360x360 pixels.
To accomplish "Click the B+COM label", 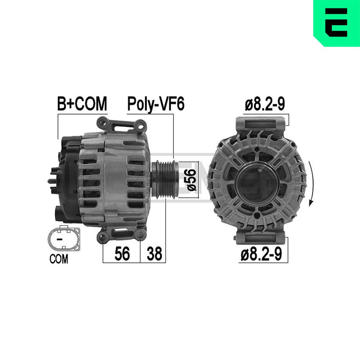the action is click(82, 104).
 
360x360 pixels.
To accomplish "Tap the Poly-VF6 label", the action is click(156, 104).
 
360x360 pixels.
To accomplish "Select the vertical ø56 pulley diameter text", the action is click(192, 180).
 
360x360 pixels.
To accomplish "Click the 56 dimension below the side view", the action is click(122, 254).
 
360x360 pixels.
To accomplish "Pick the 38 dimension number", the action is click(154, 254).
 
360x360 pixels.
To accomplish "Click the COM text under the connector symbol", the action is click(59, 259).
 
